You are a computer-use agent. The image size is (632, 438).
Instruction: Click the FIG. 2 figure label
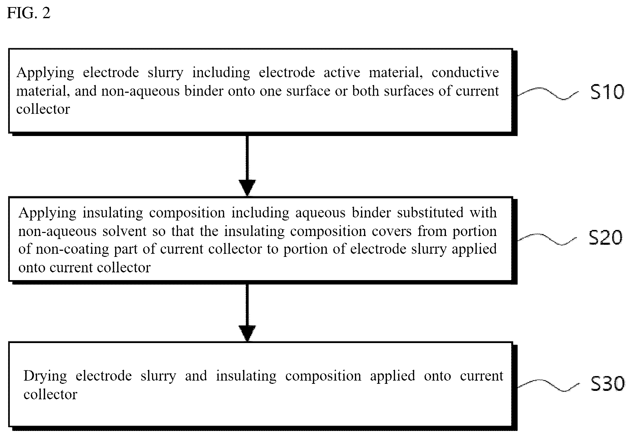[x=29, y=13]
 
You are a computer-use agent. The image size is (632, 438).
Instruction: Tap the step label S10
[x=607, y=92]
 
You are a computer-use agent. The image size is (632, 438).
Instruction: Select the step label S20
[x=605, y=238]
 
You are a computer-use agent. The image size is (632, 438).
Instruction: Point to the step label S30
[x=607, y=384]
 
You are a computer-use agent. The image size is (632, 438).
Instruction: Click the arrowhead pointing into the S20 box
[x=247, y=188]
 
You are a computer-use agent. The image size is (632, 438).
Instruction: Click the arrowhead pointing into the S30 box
[x=247, y=334]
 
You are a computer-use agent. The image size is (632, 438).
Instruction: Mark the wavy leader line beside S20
[x=548, y=239]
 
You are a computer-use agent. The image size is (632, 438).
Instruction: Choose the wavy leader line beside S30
[x=549, y=385]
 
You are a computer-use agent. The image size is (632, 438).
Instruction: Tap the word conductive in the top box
[x=465, y=72]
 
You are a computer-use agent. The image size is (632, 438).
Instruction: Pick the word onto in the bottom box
[x=438, y=376]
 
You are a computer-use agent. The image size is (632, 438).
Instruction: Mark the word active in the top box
[x=342, y=72]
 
